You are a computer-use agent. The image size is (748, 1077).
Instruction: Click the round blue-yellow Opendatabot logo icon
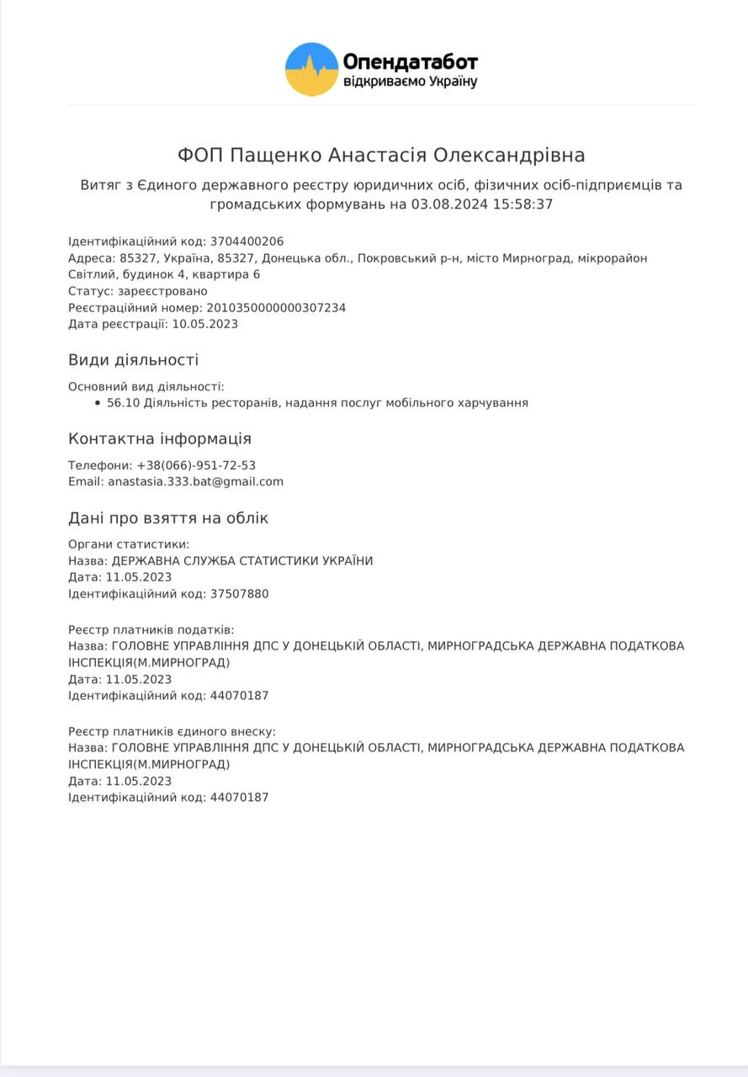click(311, 69)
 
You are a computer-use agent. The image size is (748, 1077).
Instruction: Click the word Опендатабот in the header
click(410, 61)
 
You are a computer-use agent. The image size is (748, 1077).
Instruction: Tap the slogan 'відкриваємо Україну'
click(410, 82)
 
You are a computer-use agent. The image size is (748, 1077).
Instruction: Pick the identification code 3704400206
click(247, 241)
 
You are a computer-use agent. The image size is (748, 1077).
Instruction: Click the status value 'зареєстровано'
click(162, 291)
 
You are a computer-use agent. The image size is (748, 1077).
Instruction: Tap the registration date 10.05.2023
click(204, 324)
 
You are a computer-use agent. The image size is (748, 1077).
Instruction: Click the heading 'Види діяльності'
click(133, 360)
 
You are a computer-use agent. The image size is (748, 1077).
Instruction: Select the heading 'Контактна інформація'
click(159, 439)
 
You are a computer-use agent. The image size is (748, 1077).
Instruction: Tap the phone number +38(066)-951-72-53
click(196, 465)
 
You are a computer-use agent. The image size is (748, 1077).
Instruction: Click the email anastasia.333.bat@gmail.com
click(195, 482)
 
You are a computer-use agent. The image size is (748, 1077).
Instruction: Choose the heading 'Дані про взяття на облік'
click(168, 518)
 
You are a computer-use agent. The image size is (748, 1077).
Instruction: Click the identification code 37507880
click(239, 594)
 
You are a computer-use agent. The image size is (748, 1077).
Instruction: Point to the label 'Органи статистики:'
click(129, 544)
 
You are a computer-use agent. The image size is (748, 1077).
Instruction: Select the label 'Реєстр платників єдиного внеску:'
click(172, 731)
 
